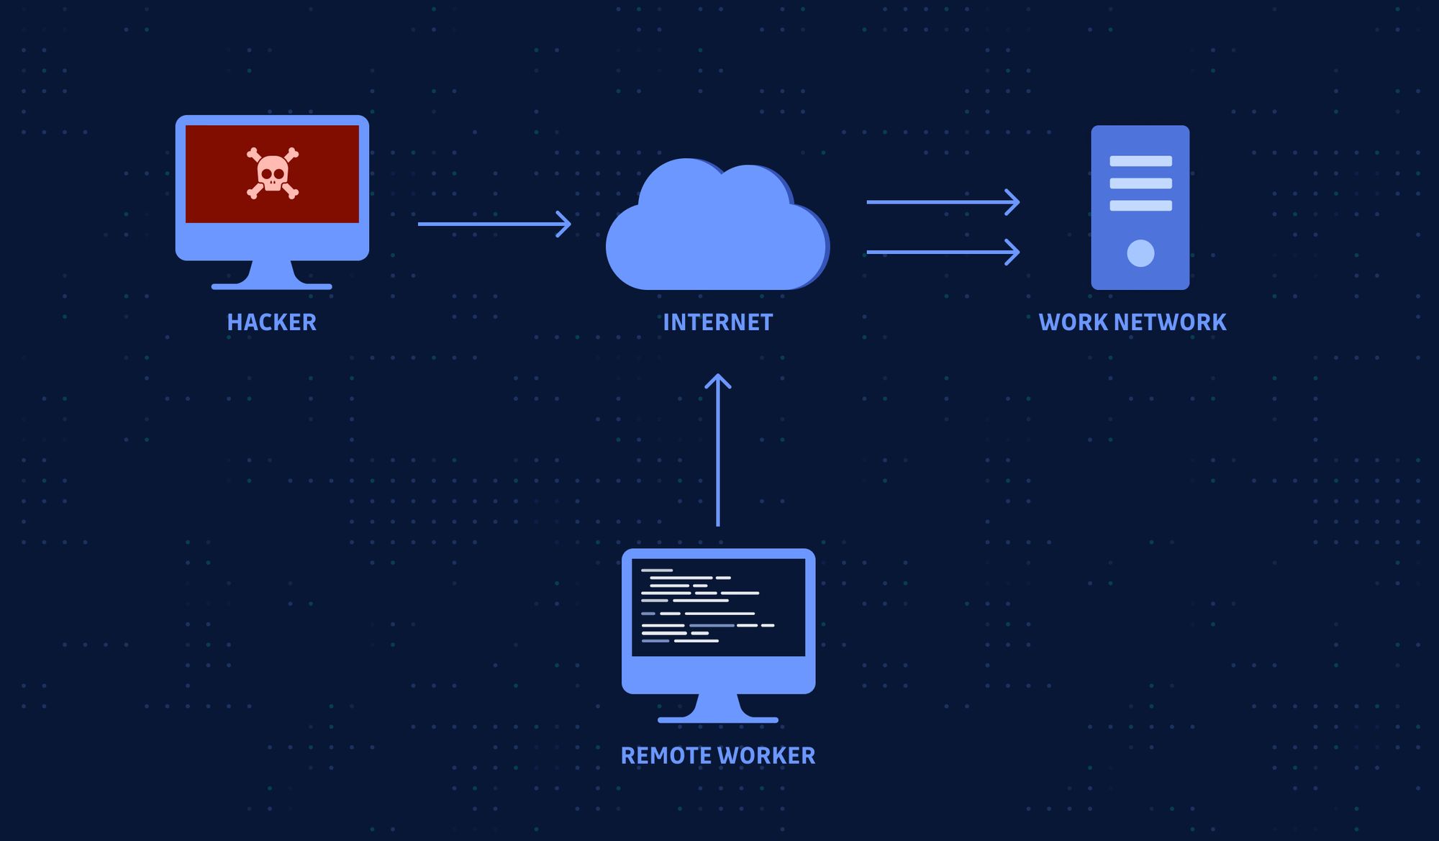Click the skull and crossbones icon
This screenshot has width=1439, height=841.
[x=272, y=173]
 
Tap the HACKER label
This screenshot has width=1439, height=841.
[x=271, y=322]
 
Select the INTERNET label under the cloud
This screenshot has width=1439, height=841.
[x=717, y=322]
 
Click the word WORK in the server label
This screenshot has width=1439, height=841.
[x=1073, y=322]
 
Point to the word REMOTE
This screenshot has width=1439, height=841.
[x=666, y=755]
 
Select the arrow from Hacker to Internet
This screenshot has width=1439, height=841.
[x=494, y=224]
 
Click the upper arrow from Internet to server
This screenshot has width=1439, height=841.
[x=942, y=202]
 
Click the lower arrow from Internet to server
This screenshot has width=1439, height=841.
[x=942, y=252]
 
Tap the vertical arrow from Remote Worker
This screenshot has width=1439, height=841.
[x=717, y=460]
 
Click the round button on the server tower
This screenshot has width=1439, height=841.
[x=1140, y=253]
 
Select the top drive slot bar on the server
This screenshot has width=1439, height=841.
[x=1140, y=161]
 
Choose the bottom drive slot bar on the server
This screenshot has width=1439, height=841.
[x=1140, y=206]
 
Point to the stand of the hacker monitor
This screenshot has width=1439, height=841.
[x=272, y=276]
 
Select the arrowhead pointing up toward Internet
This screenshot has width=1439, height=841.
[x=717, y=381]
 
